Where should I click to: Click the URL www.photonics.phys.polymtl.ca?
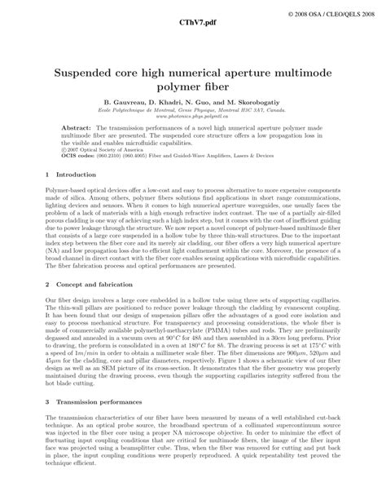192,115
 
